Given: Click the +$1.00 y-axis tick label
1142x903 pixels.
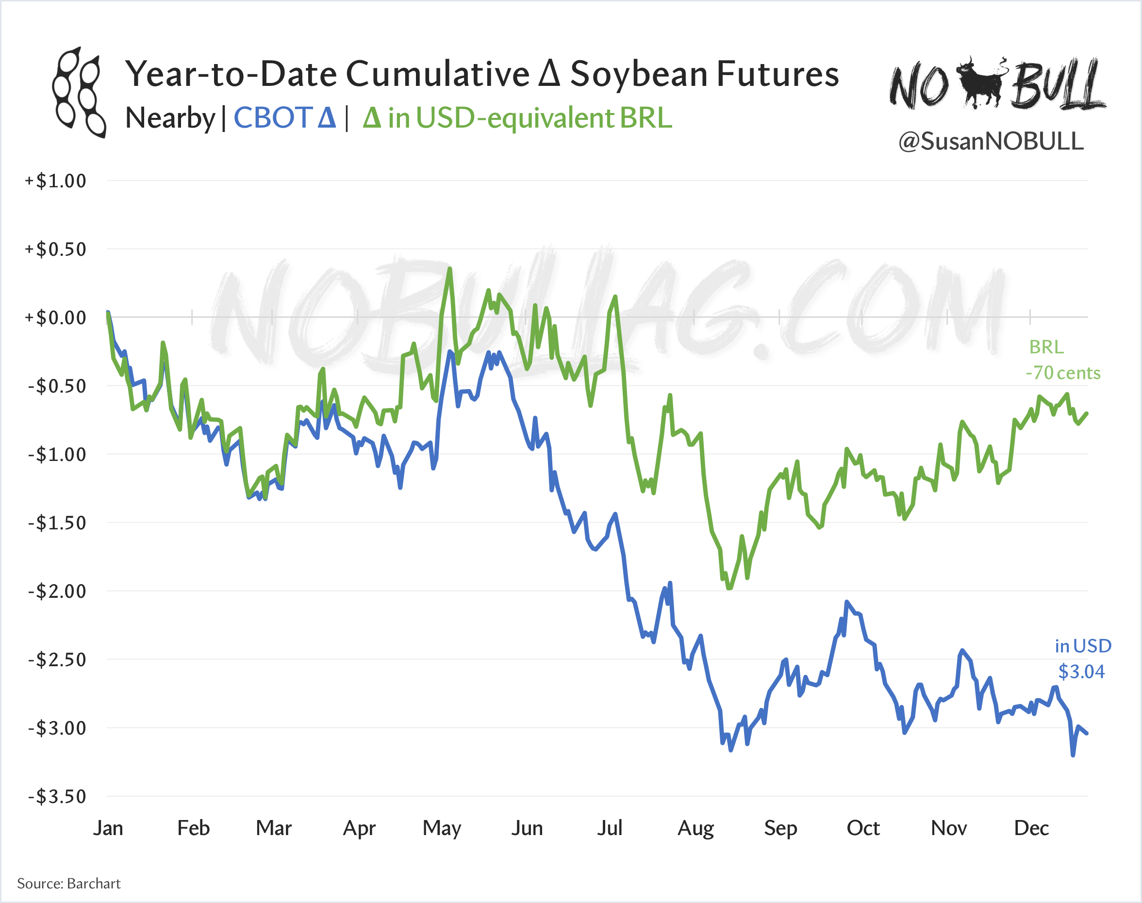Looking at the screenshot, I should pos(55,181).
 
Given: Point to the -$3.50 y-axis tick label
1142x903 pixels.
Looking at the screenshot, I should pos(57,796).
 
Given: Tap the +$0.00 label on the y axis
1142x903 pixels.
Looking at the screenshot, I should pos(55,318).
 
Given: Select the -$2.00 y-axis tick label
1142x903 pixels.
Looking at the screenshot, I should pos(57,591).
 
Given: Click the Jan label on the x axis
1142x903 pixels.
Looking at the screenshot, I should pos(108,828).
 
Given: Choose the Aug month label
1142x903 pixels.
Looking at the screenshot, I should pos(696,828).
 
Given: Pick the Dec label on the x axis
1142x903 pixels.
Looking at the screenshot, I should pos(1031,828).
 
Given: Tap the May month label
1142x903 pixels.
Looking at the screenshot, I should pos(442,828).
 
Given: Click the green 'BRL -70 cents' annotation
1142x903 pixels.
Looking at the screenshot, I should pos(1063,360).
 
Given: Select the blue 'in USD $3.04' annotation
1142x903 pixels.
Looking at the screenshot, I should pos(1082,659).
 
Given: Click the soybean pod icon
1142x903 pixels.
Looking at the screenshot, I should pos(79,93).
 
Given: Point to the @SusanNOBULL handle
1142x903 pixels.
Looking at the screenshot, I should pos(991,141).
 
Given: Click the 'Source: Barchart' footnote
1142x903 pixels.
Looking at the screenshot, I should pos(69,884).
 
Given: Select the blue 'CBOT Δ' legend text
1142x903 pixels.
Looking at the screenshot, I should pos(284,117).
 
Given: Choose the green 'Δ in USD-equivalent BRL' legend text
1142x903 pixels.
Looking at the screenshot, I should pos(517,117).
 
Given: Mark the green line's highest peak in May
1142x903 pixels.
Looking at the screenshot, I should pos(449,269).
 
